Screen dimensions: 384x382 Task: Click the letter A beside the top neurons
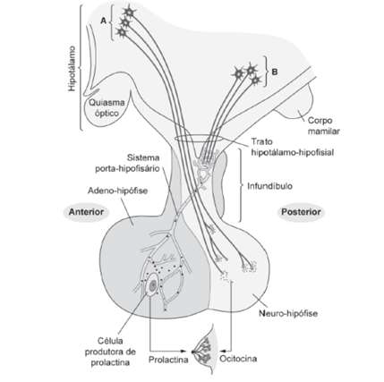pos(103,21)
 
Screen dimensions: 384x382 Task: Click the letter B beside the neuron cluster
pos(275,72)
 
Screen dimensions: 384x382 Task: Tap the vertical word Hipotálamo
pos(72,68)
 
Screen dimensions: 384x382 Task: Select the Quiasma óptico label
pos(107,108)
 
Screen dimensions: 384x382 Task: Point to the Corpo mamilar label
pos(324,126)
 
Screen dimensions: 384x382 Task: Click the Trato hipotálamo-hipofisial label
pos(292,147)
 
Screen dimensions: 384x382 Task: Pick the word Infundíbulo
pos(269,186)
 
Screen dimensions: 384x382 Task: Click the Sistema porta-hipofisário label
pos(127,163)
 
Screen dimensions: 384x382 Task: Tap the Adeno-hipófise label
pos(117,191)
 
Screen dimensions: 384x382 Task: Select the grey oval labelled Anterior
pos(86,212)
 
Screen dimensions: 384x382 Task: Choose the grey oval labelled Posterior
pos(301,212)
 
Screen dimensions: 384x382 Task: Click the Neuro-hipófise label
pos(288,313)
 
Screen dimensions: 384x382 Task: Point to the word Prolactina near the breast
pos(168,360)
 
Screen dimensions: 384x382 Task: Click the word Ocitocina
pos(238,358)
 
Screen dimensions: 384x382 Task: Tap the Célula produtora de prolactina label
pos(110,352)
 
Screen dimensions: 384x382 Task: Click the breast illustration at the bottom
pos(204,351)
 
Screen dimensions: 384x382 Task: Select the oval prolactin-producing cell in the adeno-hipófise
pos(152,285)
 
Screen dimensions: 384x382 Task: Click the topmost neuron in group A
pos(130,12)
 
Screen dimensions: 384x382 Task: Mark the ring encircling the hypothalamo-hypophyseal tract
pos(199,139)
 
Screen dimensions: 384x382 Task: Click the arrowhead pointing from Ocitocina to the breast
pos(225,350)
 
